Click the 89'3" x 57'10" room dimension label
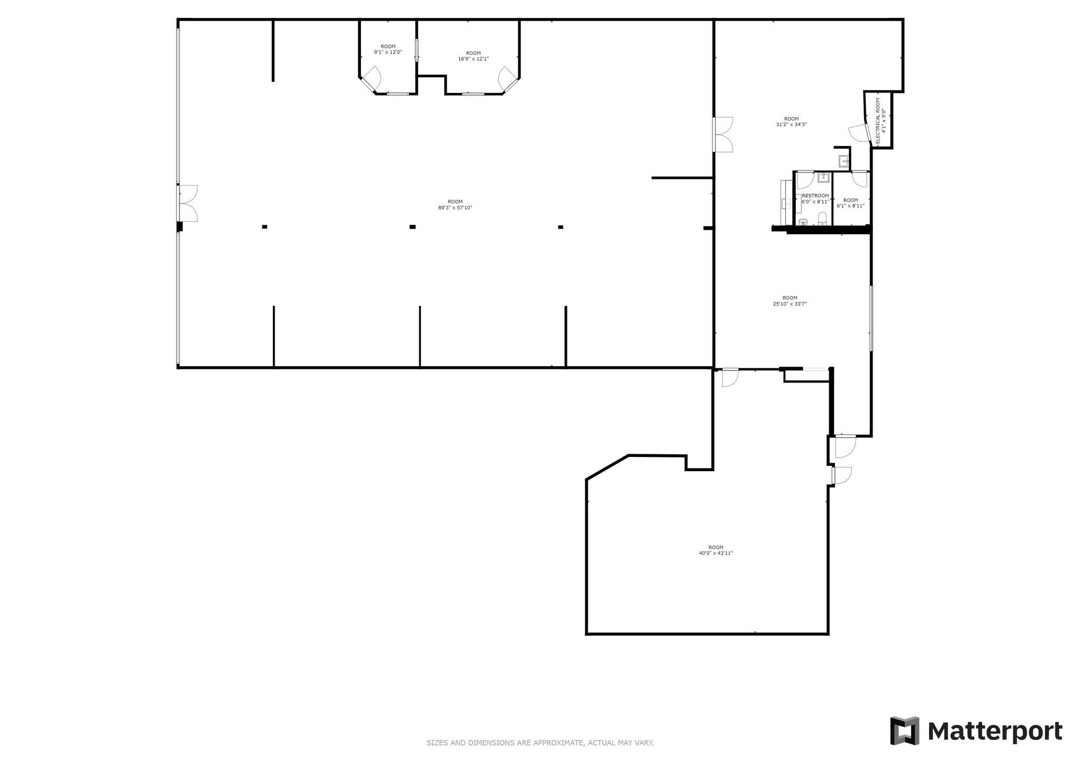(x=455, y=205)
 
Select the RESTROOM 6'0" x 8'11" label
(x=815, y=198)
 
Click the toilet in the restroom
(x=822, y=218)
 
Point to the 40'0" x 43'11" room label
(x=716, y=550)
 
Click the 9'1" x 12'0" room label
(x=388, y=49)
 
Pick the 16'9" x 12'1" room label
(x=473, y=56)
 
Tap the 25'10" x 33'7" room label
(x=790, y=301)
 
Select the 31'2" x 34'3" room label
(x=791, y=122)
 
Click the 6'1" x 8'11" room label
(x=850, y=203)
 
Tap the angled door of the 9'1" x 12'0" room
(x=372, y=78)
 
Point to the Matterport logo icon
(x=905, y=731)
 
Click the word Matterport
(x=995, y=732)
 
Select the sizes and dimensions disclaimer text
(x=540, y=743)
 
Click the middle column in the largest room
(x=412, y=227)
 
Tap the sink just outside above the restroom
(x=843, y=161)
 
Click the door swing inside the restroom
(x=805, y=180)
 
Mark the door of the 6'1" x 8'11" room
(x=860, y=179)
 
